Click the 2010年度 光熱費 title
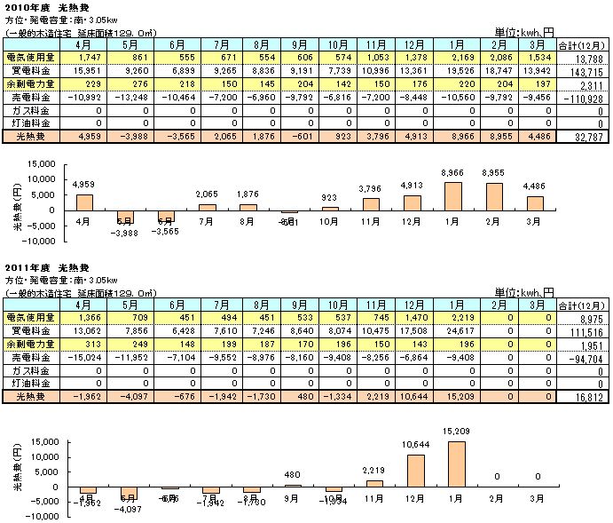point(44,7)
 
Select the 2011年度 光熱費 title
point(44,267)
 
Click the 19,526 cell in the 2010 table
point(474,69)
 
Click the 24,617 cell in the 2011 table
point(474,329)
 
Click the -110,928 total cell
point(583,97)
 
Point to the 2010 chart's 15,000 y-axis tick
point(41,164)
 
